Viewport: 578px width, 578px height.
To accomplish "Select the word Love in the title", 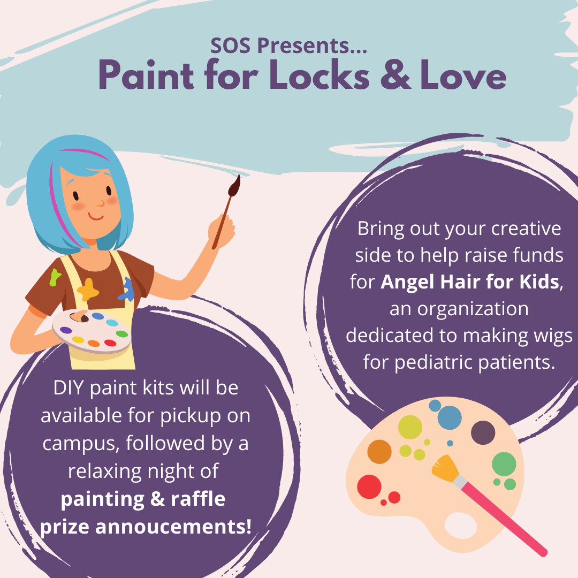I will (463, 76).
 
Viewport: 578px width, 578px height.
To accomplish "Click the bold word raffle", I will (197, 499).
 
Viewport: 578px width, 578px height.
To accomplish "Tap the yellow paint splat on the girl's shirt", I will (88, 289).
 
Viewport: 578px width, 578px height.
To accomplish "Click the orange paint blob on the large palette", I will (379, 451).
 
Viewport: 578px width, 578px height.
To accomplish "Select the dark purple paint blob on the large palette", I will (483, 432).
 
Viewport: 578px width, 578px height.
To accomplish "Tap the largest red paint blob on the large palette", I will (369, 486).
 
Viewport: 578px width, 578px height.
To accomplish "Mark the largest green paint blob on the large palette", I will (504, 464).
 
